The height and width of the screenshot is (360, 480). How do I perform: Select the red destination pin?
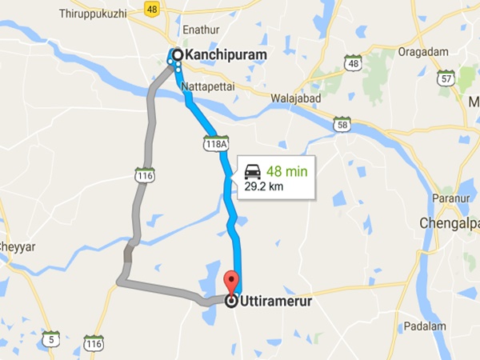click(x=232, y=282)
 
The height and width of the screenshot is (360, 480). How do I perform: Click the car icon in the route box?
click(x=252, y=171)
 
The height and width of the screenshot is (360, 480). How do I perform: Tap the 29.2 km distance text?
click(x=265, y=186)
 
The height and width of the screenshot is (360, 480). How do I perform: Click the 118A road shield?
click(x=215, y=141)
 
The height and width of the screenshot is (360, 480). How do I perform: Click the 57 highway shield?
click(x=446, y=77)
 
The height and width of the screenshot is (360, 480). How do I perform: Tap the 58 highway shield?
click(x=342, y=124)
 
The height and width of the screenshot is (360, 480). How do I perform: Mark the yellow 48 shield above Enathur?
click(x=152, y=9)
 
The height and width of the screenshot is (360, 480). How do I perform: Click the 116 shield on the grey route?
click(x=144, y=174)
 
